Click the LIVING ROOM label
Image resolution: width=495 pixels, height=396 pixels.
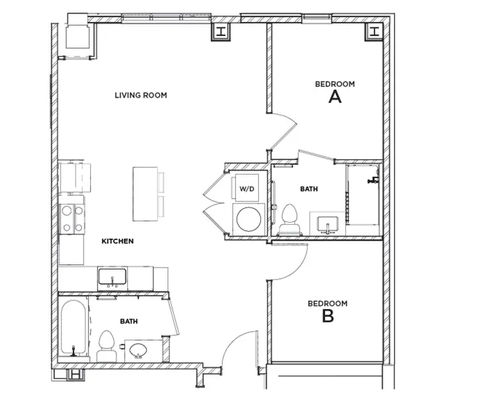coord(140,95)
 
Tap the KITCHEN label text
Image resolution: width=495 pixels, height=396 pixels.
coord(118,241)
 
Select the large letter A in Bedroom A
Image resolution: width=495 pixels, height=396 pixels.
coord(335,97)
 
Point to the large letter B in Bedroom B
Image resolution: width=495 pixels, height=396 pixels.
coord(328,316)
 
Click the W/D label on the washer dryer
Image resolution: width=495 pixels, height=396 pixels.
coord(247,189)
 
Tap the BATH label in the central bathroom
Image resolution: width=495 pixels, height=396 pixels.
coord(308,189)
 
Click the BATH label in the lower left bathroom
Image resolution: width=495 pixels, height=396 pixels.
coord(129,321)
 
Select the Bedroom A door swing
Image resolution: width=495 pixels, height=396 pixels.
coord(284,130)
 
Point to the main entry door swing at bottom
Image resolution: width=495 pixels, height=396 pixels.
coord(239,348)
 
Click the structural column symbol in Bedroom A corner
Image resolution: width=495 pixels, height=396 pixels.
coord(373,31)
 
